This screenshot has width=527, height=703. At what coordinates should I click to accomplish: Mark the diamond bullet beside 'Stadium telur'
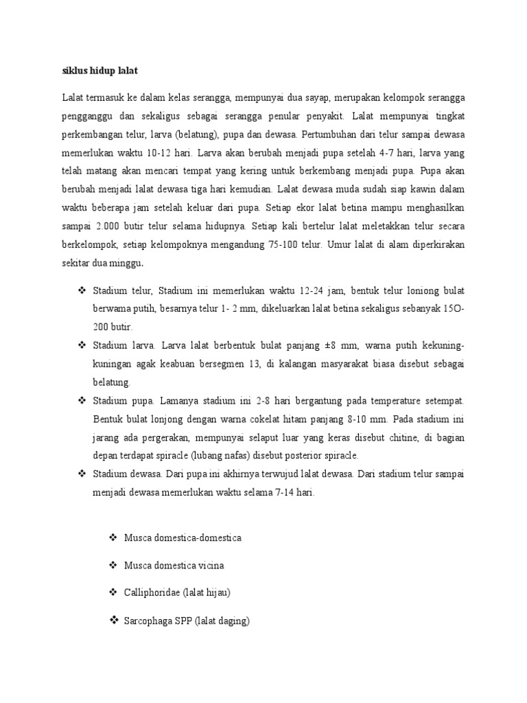(x=82, y=292)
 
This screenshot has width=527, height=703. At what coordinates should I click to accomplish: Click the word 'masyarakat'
(x=365, y=363)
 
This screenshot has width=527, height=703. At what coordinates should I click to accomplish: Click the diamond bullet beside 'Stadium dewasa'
(x=82, y=473)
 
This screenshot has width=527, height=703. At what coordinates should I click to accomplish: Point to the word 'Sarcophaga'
(x=148, y=621)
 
